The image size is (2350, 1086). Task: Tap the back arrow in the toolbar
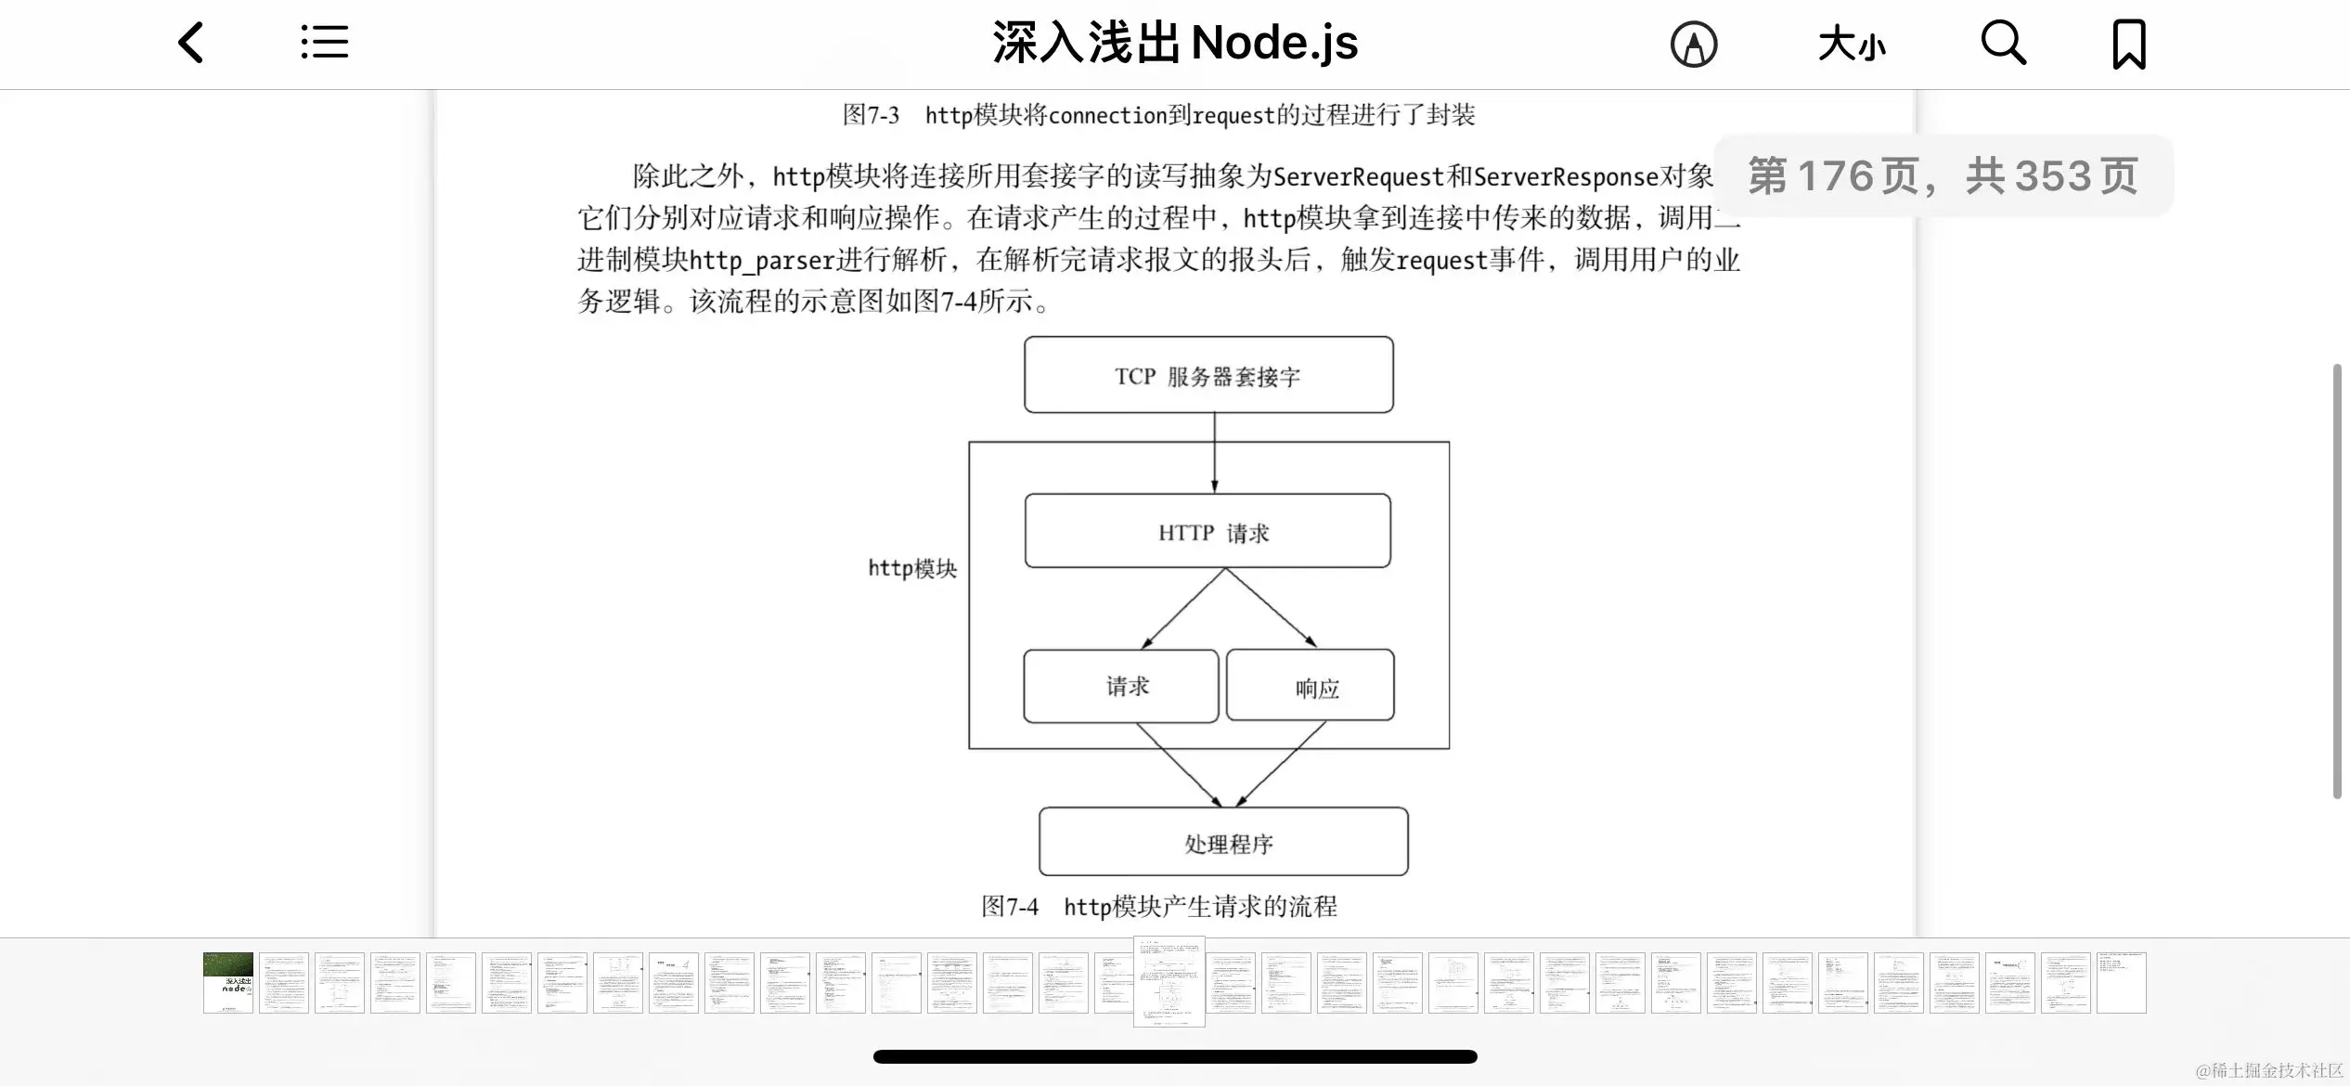[x=191, y=43]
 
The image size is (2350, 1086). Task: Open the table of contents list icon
[x=325, y=43]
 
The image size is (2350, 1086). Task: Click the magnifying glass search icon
[x=2003, y=43]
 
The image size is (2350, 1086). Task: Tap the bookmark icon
[x=2129, y=44]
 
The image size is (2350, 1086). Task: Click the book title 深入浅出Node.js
[x=1175, y=43]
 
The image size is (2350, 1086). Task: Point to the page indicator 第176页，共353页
[x=1943, y=175]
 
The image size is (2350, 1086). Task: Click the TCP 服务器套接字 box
[x=1208, y=375]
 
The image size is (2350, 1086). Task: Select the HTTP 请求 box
[x=1207, y=531]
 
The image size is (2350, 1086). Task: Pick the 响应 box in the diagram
[x=1311, y=686]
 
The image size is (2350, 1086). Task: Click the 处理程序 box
[x=1223, y=842]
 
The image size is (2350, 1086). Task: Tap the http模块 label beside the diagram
[x=912, y=568]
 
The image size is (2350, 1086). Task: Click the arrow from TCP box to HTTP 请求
[x=1214, y=452]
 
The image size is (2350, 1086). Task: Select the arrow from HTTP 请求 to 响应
[x=1272, y=608]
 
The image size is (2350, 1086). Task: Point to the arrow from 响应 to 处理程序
[x=1281, y=764]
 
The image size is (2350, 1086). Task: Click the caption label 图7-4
[x=1010, y=906]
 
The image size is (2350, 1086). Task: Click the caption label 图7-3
[x=871, y=115]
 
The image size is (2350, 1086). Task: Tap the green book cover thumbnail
[x=228, y=982]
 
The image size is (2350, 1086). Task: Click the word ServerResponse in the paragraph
[x=1566, y=176]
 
